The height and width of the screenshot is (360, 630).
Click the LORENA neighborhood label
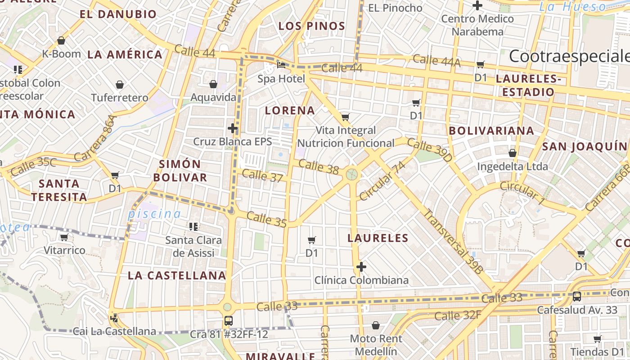290,110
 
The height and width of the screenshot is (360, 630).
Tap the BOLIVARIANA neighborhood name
491,131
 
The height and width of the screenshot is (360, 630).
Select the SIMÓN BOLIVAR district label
180,171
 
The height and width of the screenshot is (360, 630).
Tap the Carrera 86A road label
95,138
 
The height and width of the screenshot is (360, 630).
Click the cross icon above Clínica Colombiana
361,267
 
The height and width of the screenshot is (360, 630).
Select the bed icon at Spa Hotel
281,65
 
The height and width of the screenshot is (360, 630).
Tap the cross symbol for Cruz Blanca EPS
233,129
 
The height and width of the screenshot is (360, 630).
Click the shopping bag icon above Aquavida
213,84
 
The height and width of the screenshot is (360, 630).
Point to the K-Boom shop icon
61,40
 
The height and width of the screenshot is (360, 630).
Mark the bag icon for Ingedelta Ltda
512,153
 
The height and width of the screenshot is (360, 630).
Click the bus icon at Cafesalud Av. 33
576,297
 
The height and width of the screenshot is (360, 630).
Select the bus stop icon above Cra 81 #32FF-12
229,321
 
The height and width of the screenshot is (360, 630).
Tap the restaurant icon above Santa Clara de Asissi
193,226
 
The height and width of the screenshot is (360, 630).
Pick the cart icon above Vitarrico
64,237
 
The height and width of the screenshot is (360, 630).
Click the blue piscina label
154,214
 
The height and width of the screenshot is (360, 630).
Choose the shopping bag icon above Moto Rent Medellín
376,325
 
